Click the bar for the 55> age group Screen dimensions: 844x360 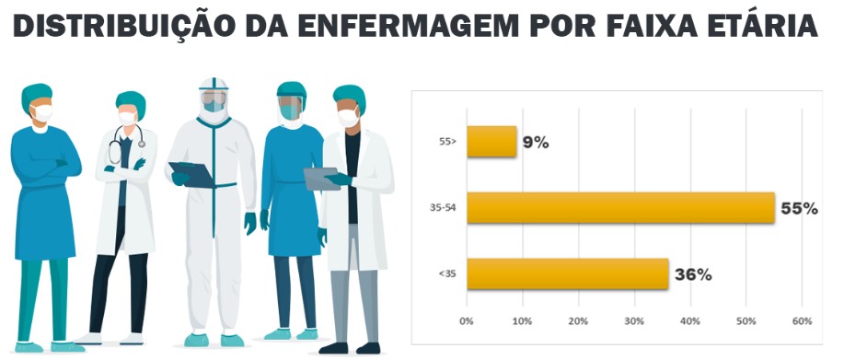pyautogui.click(x=491, y=142)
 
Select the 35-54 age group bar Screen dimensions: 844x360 pyautogui.click(x=620, y=208)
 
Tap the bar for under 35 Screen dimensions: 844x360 pyautogui.click(x=567, y=273)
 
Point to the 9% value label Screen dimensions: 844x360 pyautogui.click(x=536, y=143)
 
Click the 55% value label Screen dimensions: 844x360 pyautogui.click(x=799, y=209)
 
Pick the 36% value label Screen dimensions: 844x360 pyautogui.click(x=693, y=275)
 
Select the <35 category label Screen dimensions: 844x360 pyautogui.click(x=447, y=273)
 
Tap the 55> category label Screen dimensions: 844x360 pyautogui.click(x=448, y=142)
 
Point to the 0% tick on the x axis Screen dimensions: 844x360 pyautogui.click(x=466, y=321)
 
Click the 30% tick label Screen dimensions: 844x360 pyautogui.click(x=634, y=321)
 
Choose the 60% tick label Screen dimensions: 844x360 pyautogui.click(x=802, y=321)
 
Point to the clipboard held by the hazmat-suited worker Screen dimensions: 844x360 pyautogui.click(x=192, y=175)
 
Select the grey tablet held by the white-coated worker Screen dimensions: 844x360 pyautogui.click(x=321, y=179)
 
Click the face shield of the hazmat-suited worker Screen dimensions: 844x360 pyautogui.click(x=214, y=100)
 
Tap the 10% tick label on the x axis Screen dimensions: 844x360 pyautogui.click(x=522, y=321)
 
